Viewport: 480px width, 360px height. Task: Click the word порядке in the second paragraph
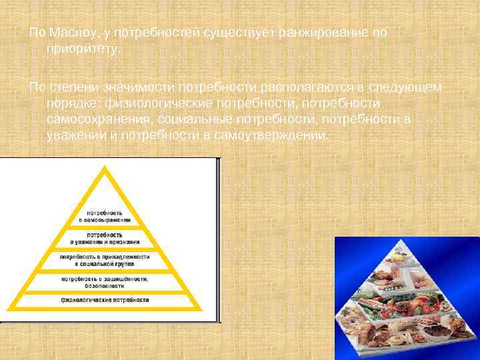coord(72,104)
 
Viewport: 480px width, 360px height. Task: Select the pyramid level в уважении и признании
coord(105,238)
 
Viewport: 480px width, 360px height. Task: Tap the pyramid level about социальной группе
coord(105,259)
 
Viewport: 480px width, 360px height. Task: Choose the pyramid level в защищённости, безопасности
coord(105,281)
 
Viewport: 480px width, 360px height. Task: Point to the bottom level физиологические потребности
coord(105,301)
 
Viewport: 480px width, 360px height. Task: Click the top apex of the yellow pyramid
coord(104,167)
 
